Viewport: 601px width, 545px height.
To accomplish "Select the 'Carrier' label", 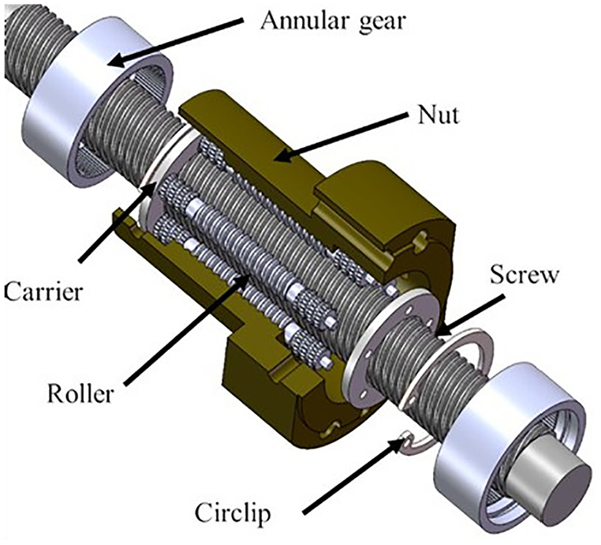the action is tap(43, 291).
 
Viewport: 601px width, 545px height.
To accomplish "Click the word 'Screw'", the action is tap(524, 275).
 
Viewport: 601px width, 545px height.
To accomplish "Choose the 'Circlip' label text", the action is tap(233, 513).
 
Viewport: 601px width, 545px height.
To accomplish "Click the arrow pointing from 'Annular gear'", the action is tap(178, 41).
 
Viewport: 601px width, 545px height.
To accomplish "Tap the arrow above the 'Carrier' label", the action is tap(117, 221).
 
